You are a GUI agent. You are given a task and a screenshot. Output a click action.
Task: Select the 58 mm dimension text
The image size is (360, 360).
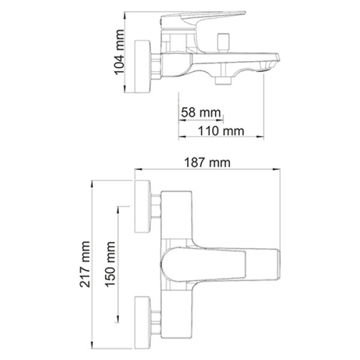[200, 113]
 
